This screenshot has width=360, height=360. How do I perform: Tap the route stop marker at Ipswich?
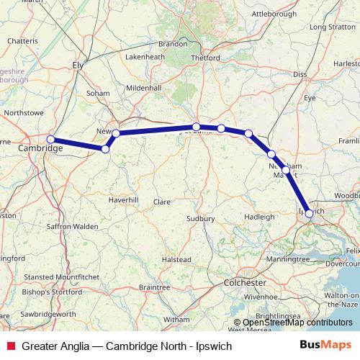[x=309, y=213]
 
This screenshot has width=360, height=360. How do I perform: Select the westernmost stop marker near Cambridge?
[x=50, y=139]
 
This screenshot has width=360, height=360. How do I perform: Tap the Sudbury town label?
[x=201, y=217]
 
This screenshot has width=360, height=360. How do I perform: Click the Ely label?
[x=79, y=64]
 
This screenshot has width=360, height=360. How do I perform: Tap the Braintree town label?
[x=154, y=287]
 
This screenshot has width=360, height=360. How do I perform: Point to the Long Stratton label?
[x=328, y=27]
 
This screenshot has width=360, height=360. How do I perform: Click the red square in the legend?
[x=10, y=346]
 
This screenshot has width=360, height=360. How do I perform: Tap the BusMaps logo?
[x=330, y=346]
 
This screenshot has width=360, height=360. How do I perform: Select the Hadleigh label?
[x=260, y=216]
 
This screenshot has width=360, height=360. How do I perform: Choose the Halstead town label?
[x=176, y=258]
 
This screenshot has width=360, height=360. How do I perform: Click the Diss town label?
[x=300, y=74]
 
